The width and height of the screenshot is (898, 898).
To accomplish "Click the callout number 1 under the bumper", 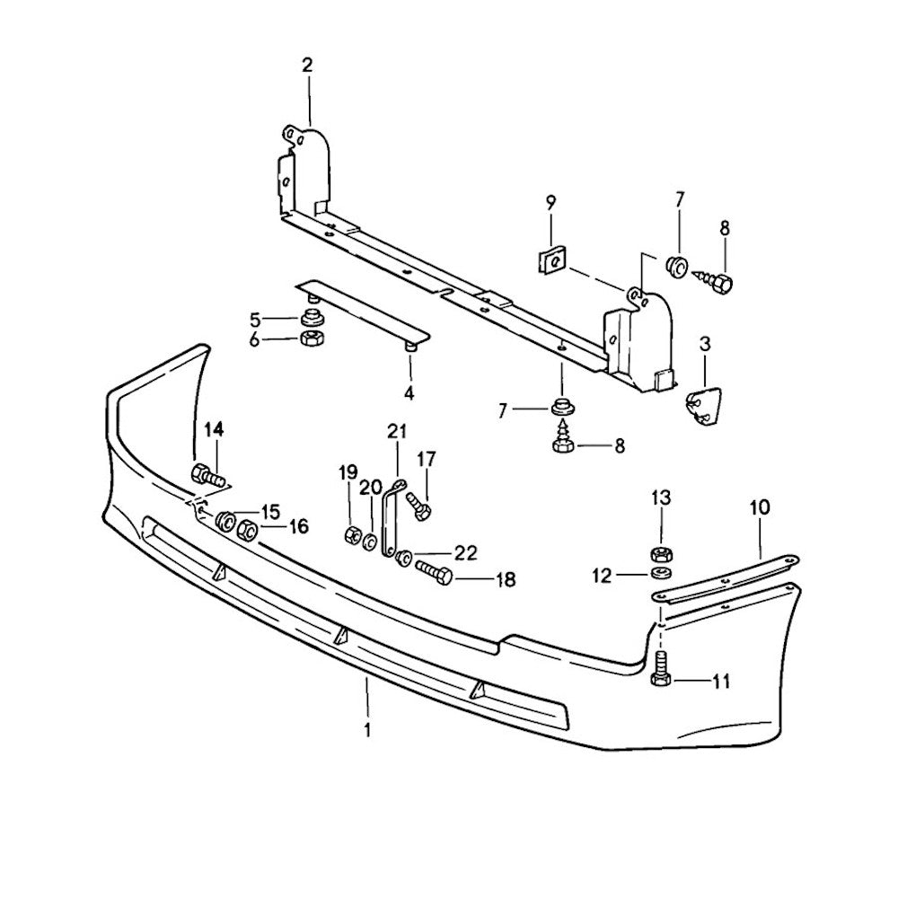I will [367, 729].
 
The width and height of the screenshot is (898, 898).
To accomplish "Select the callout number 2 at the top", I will [308, 65].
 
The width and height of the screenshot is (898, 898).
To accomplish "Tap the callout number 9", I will [550, 202].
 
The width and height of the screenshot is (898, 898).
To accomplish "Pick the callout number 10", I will [759, 507].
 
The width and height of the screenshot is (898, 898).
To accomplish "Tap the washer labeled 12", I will [661, 572].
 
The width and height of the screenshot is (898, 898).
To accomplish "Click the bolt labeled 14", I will [207, 474].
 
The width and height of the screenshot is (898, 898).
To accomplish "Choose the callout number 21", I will [397, 432].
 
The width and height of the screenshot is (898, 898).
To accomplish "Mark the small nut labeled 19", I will [351, 536].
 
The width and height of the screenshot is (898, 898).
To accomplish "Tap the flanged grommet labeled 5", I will [312, 318].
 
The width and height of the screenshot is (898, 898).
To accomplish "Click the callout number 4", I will [409, 392].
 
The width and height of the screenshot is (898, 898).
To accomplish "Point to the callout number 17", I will [425, 460].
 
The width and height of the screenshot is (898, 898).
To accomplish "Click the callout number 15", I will [271, 511].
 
